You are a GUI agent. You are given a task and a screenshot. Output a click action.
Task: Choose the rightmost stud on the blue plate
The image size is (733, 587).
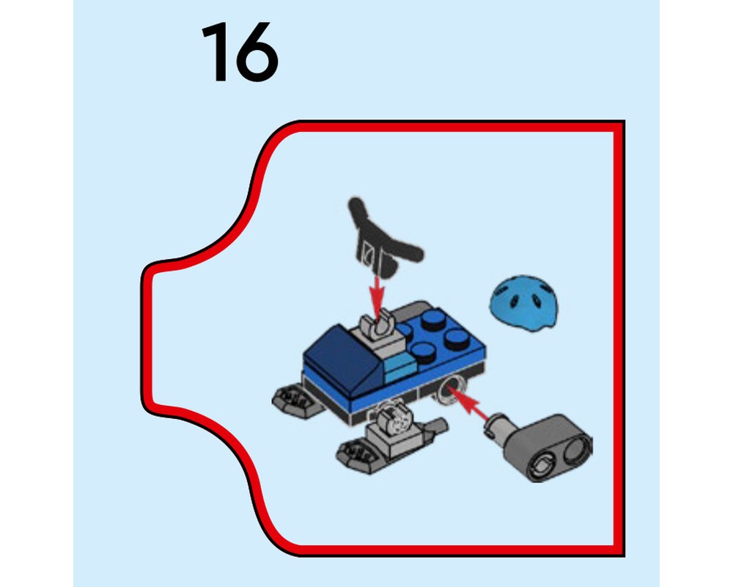[457, 338]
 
